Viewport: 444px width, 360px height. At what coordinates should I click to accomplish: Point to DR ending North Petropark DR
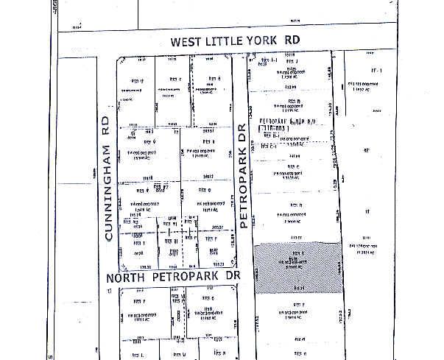click(x=233, y=278)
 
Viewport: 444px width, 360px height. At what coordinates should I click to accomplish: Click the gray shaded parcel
click(x=297, y=269)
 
